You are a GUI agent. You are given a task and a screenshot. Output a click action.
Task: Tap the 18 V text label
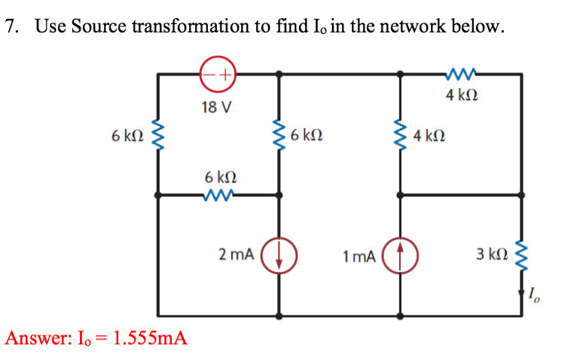[216, 107]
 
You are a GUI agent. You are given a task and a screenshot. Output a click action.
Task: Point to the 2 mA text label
[236, 254]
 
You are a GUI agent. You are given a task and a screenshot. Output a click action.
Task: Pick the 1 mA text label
[358, 256]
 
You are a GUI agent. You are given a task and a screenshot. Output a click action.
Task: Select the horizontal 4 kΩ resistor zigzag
[459, 74]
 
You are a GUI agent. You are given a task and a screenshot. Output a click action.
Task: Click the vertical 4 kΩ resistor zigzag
[400, 136]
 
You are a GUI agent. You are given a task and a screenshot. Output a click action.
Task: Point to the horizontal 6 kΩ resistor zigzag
[219, 195]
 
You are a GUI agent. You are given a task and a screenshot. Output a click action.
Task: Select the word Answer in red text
[33, 337]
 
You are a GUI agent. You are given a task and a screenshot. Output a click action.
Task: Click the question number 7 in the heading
[10, 28]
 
